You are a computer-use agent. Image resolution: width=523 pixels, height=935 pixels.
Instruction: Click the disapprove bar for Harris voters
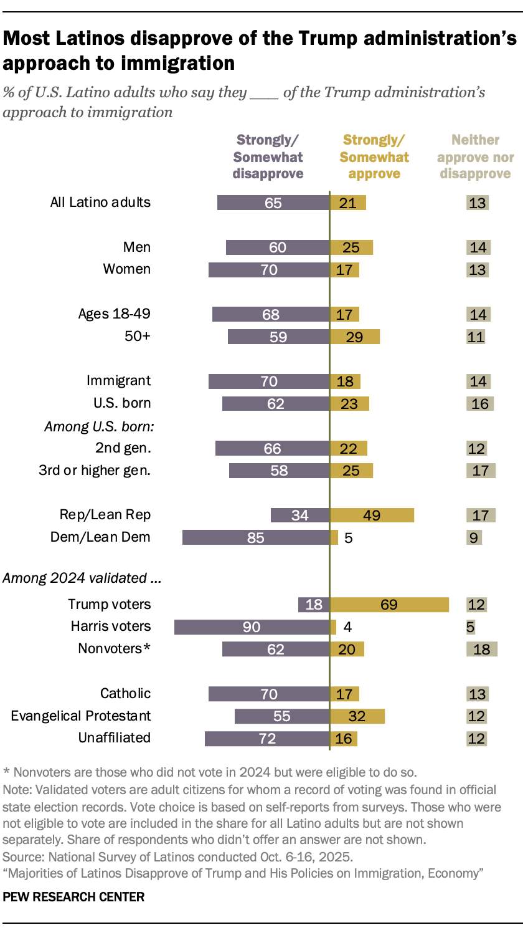252,627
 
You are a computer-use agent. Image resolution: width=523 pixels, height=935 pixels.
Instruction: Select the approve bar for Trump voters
389,605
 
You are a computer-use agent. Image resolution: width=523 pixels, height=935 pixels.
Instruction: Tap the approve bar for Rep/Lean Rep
372,515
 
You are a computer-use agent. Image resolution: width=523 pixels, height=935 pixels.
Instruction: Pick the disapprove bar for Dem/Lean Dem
255,537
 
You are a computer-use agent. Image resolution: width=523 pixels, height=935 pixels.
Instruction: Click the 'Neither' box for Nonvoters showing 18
481,649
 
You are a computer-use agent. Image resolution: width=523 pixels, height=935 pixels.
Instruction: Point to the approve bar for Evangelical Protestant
357,716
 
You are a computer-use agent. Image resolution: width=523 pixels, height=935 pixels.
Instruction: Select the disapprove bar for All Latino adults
273,203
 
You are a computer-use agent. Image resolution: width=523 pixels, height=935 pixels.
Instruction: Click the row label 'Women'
127,269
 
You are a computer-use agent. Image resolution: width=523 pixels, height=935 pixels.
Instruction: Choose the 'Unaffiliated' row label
115,738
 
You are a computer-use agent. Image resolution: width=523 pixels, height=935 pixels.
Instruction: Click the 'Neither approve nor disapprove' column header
476,157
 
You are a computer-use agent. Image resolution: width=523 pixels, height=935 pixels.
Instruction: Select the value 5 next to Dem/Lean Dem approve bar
349,537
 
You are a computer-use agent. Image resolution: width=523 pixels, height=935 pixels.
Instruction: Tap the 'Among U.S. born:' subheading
98,426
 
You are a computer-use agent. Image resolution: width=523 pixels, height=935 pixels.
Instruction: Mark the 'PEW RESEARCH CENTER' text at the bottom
73,898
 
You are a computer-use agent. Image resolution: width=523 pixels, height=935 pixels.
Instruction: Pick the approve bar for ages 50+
354,337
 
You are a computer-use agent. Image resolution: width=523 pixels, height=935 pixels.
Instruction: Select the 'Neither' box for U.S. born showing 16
480,403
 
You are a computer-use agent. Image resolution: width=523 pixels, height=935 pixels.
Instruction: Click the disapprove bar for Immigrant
268,381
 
